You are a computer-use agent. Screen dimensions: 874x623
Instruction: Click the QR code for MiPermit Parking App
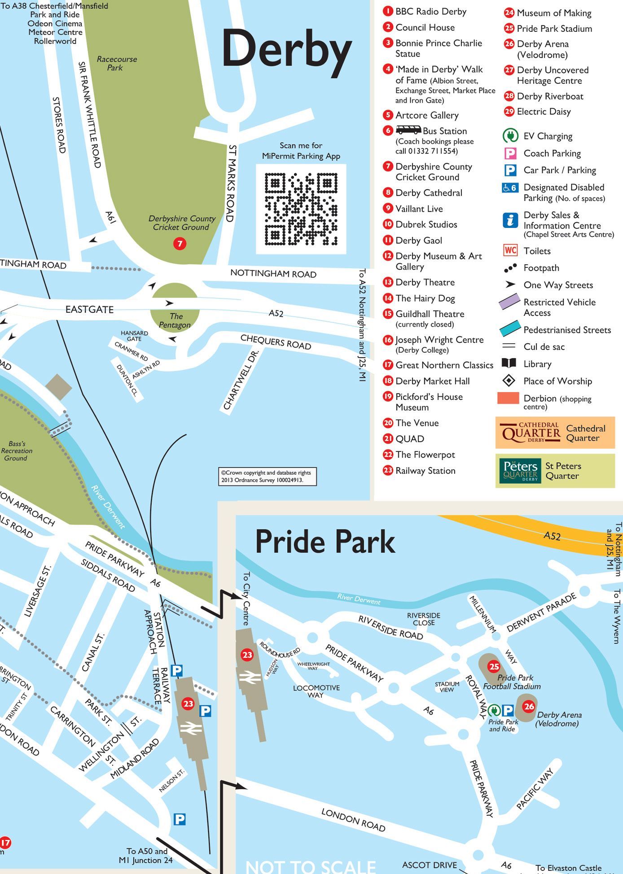point(301,209)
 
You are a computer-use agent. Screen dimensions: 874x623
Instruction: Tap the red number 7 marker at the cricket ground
point(180,244)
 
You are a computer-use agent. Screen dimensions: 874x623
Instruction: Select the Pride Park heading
point(325,542)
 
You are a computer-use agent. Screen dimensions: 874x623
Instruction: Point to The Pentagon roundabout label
point(175,320)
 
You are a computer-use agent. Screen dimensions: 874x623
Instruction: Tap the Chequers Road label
point(276,342)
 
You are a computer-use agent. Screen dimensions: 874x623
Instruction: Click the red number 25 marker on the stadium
point(494,666)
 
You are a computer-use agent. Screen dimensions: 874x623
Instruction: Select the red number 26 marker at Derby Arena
point(529,706)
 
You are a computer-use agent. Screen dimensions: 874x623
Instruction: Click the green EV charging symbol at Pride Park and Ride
point(494,710)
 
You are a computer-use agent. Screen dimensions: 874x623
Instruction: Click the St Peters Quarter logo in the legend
point(521,471)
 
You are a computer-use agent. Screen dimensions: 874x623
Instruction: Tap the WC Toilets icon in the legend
point(510,250)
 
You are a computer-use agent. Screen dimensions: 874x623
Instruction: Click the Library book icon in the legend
point(509,363)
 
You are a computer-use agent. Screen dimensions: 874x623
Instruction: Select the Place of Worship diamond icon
point(509,381)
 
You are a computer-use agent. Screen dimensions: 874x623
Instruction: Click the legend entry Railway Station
point(425,471)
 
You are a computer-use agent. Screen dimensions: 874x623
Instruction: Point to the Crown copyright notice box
point(268,476)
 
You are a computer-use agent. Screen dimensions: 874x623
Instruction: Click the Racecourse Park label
point(117,63)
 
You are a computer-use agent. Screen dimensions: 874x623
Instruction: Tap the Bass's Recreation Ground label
point(16,451)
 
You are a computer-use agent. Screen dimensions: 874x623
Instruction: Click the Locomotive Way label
point(316,691)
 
